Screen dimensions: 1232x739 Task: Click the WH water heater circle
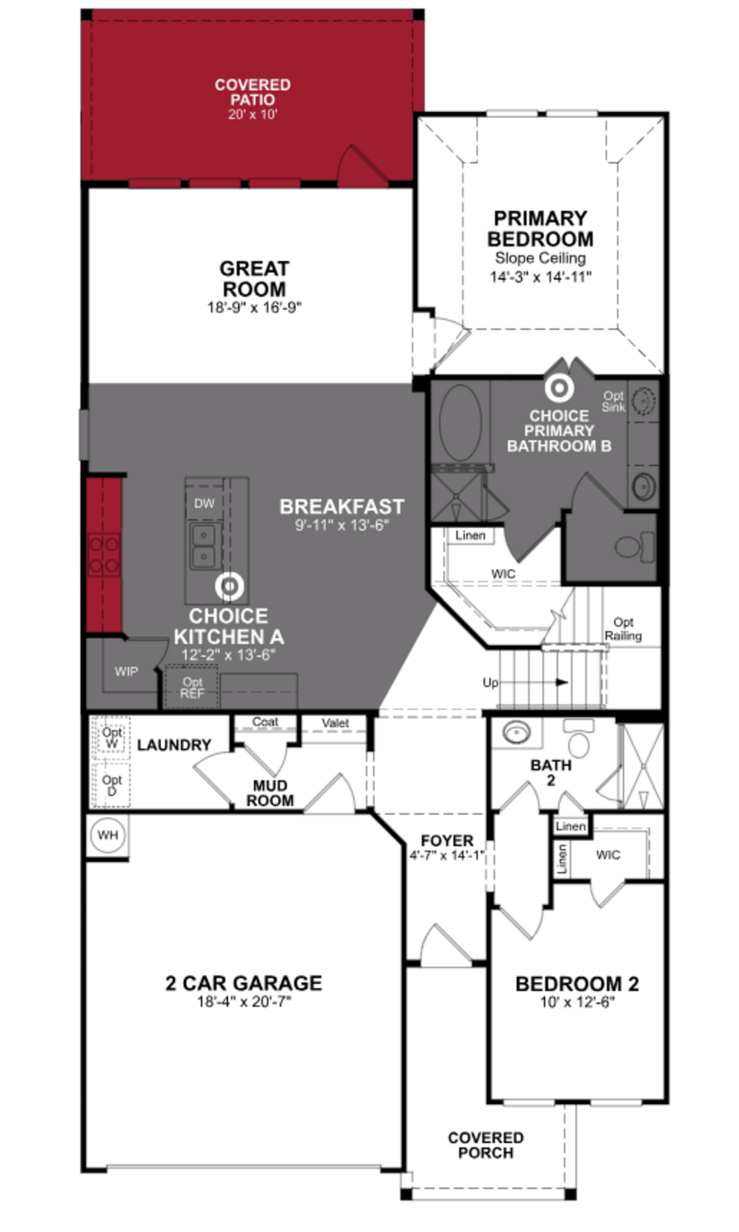(x=108, y=835)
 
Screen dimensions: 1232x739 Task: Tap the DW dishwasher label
(x=204, y=503)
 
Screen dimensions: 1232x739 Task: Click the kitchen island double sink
(x=204, y=546)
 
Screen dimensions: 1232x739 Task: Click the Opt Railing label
(x=623, y=629)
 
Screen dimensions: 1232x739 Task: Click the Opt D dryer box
(x=112, y=785)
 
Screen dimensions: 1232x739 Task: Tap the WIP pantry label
(x=126, y=671)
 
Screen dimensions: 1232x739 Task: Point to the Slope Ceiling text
(x=540, y=258)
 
